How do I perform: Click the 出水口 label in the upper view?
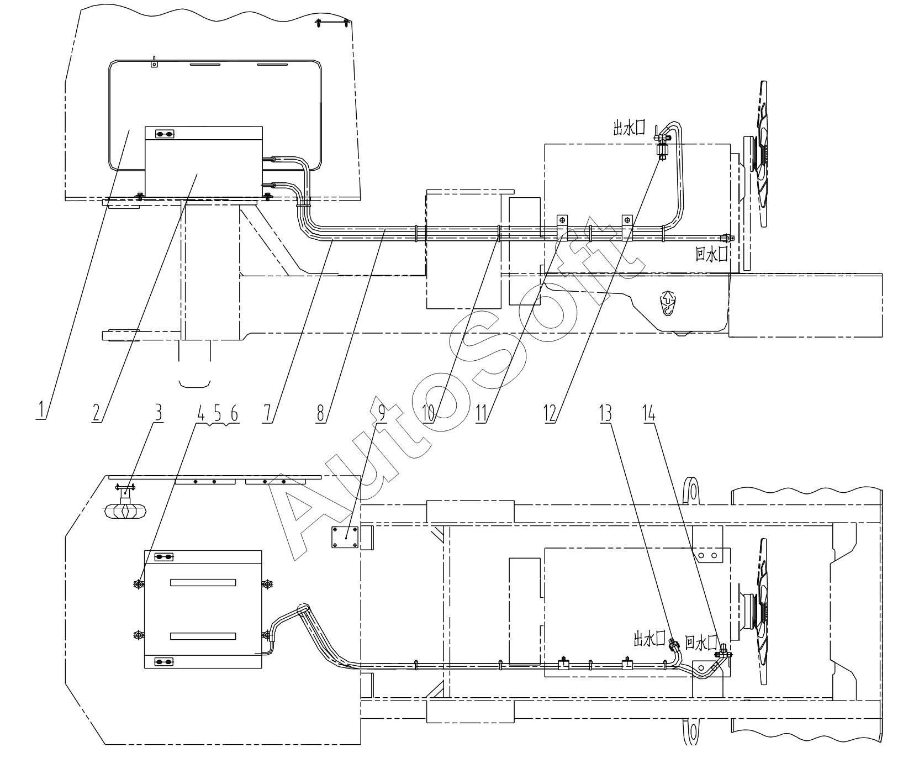[x=629, y=129]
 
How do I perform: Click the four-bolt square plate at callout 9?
[x=345, y=537]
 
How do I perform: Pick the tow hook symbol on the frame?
[x=668, y=304]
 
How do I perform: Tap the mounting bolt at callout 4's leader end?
[x=138, y=584]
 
